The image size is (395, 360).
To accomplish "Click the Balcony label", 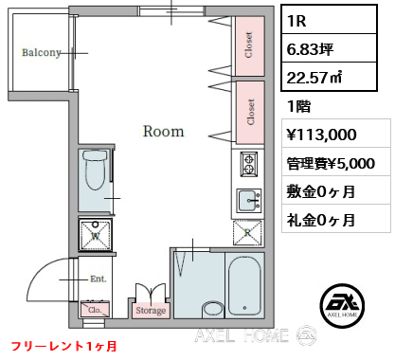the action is (x=42, y=52).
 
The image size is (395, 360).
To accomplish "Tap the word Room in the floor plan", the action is (x=164, y=131).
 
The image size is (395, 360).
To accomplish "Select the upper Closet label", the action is (x=249, y=45).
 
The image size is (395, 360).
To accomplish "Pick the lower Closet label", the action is (x=251, y=112).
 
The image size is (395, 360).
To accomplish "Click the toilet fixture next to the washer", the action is (x=95, y=170).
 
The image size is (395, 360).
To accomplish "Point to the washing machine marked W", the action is (x=96, y=234).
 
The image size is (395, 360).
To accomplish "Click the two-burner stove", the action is (x=249, y=164).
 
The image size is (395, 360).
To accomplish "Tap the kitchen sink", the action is (x=249, y=201).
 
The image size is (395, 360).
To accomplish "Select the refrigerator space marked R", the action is (x=247, y=233).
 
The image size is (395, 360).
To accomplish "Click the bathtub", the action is (x=244, y=285).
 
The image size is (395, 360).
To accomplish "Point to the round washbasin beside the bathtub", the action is (x=213, y=309).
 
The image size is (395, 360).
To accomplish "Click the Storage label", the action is (x=151, y=311).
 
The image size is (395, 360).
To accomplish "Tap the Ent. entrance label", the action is (x=99, y=279).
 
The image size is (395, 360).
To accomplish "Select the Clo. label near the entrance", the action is (x=95, y=310).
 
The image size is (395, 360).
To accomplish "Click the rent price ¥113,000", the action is (x=322, y=135).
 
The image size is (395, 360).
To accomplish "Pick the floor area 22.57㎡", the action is (x=314, y=77).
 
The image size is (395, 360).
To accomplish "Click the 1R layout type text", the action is (x=296, y=21).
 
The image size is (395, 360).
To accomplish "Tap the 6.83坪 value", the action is (x=310, y=49).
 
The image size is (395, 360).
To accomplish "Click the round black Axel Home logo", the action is (x=342, y=306).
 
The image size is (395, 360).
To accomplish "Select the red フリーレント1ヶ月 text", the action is (x=64, y=347).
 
